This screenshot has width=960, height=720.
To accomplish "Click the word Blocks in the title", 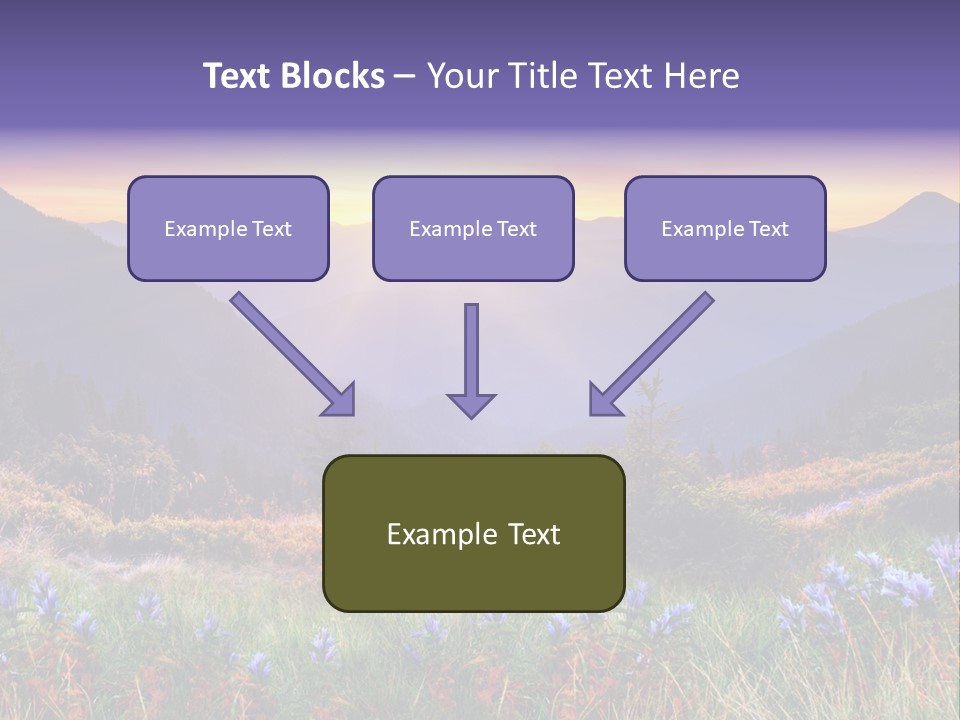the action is [x=333, y=76].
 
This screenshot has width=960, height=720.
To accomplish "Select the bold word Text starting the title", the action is [x=238, y=76].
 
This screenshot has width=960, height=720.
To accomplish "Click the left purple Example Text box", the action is [x=228, y=228].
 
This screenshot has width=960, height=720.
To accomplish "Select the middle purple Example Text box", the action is [x=473, y=228].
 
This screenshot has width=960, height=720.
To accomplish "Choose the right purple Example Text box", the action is [x=726, y=228].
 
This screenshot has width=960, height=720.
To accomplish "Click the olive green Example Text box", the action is [x=474, y=533].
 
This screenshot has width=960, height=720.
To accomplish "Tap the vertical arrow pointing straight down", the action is [x=471, y=361].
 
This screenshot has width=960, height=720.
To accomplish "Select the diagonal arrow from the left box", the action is [x=293, y=354].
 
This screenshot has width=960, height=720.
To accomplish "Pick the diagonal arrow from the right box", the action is [x=651, y=354].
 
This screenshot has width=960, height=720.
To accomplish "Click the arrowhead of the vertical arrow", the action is [x=471, y=405].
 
